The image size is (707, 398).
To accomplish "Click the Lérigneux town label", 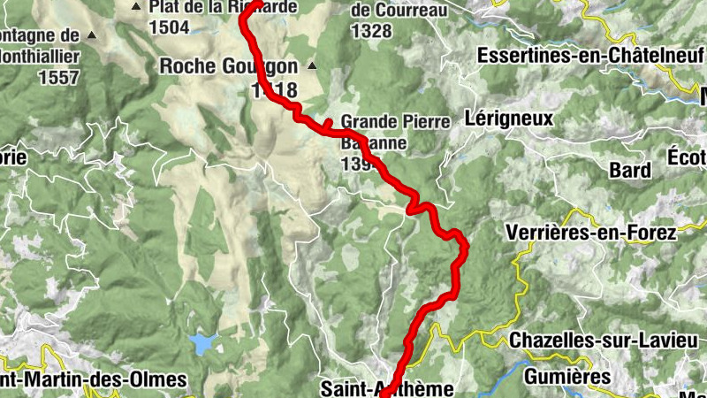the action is [508, 118].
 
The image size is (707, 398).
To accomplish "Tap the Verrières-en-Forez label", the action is [590, 233].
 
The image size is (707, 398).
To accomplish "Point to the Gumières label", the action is [579, 377].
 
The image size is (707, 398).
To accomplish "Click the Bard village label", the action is [630, 170].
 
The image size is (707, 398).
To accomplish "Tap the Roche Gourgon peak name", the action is [228, 65].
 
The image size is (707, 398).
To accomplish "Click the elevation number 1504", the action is [170, 27].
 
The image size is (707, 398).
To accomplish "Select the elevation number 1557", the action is [58, 76].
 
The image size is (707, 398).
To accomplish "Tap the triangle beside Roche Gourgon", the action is [311, 65].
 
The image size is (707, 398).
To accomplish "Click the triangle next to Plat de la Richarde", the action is [136, 8].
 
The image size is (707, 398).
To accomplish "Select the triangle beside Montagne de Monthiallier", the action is [93, 36].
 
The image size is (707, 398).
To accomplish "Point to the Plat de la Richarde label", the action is [222, 8].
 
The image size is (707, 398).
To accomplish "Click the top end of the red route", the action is [254, 4].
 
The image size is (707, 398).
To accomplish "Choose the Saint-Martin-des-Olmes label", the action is [93, 380].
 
